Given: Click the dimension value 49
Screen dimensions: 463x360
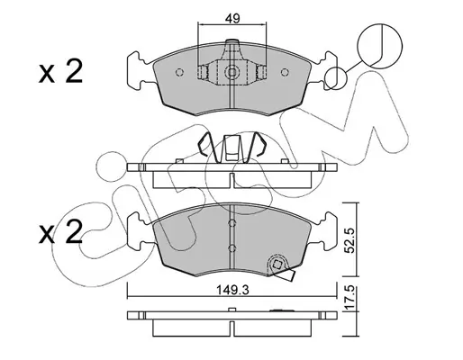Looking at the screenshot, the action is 232,19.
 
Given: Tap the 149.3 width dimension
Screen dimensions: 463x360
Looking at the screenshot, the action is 233,290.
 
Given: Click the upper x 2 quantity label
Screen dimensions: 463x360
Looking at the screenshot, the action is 60,71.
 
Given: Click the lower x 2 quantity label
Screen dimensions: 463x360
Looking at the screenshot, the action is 60,232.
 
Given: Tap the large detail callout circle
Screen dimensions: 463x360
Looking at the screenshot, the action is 379,46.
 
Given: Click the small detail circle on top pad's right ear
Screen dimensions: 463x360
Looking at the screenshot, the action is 335,78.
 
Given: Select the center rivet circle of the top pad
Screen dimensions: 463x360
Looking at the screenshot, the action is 231,72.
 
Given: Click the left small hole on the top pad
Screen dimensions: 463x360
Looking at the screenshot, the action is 179,72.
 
